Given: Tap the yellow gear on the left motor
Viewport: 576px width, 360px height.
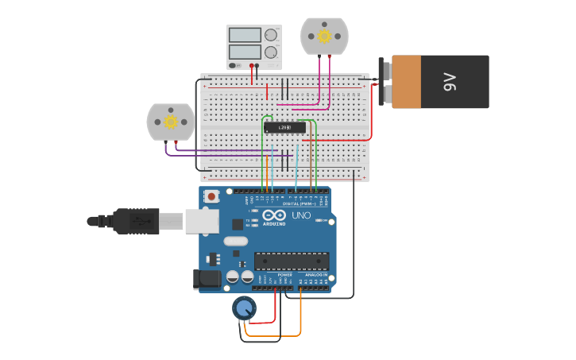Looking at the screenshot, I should coord(170,122).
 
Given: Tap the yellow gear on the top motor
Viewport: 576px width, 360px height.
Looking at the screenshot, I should coord(324,36).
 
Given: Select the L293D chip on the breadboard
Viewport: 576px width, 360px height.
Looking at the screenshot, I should coord(284,127).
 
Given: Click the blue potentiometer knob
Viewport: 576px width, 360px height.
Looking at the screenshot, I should coord(244,308).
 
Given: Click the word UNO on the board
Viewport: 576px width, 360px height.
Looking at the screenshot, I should coord(301,215).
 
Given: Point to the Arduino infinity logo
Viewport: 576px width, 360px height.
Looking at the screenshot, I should coord(274,215).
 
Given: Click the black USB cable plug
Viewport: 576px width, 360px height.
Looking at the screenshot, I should coord(135,221).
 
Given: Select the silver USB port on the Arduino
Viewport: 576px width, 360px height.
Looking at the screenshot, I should coord(201,221).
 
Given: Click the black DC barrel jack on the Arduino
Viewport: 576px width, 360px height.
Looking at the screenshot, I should coord(206,278).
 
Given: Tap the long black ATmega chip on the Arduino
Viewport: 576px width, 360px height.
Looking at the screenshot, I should coord(291,261).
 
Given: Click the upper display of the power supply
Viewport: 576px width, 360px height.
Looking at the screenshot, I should coord(245,35).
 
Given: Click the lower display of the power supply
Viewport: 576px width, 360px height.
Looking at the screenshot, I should coord(245,52).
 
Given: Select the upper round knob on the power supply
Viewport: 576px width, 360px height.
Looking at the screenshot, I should coord(272,35).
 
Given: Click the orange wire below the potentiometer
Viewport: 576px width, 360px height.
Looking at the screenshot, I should coord(274,335).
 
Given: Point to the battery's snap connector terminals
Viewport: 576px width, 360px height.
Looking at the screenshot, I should coord(386,83).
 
